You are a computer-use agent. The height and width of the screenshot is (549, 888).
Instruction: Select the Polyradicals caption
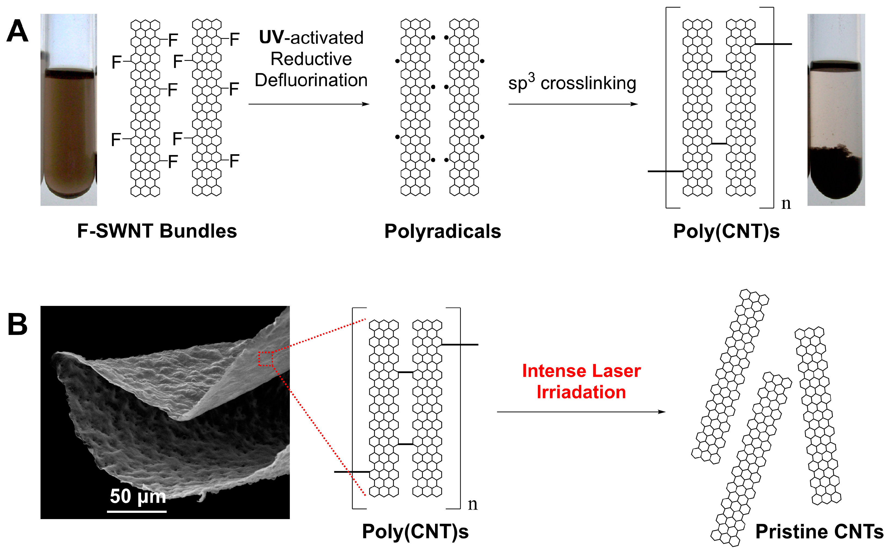pyautogui.click(x=443, y=232)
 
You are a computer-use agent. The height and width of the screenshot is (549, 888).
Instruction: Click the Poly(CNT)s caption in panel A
pyautogui.click(x=726, y=232)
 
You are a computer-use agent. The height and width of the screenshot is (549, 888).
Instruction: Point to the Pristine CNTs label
pyautogui.click(x=819, y=532)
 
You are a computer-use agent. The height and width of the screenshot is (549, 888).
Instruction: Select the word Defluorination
pyautogui.click(x=311, y=80)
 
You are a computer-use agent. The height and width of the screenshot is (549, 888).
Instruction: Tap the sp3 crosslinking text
pyautogui.click(x=572, y=83)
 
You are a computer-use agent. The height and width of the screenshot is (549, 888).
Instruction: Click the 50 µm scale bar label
pyautogui.click(x=138, y=496)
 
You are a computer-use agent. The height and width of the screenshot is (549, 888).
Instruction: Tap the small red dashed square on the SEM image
pyautogui.click(x=265, y=359)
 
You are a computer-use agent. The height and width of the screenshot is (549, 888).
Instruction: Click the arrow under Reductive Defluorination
pyautogui.click(x=309, y=104)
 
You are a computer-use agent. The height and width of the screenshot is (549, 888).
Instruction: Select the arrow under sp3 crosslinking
pyautogui.click(x=573, y=104)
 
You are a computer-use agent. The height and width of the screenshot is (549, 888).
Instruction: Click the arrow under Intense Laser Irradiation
pyautogui.click(x=581, y=412)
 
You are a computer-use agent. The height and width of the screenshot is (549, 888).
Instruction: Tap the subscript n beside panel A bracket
pyautogui.click(x=786, y=204)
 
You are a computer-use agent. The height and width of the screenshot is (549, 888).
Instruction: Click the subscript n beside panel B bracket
pyautogui.click(x=472, y=504)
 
